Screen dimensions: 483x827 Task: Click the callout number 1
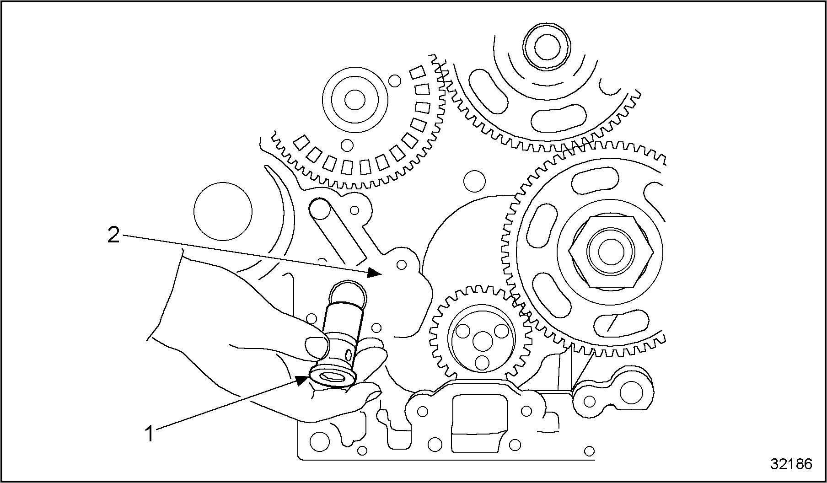tap(149, 434)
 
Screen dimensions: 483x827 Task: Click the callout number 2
tap(113, 235)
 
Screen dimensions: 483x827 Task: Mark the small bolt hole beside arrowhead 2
tap(402, 265)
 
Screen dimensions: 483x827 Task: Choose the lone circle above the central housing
tap(474, 182)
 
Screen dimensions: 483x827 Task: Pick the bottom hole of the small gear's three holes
tap(481, 362)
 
